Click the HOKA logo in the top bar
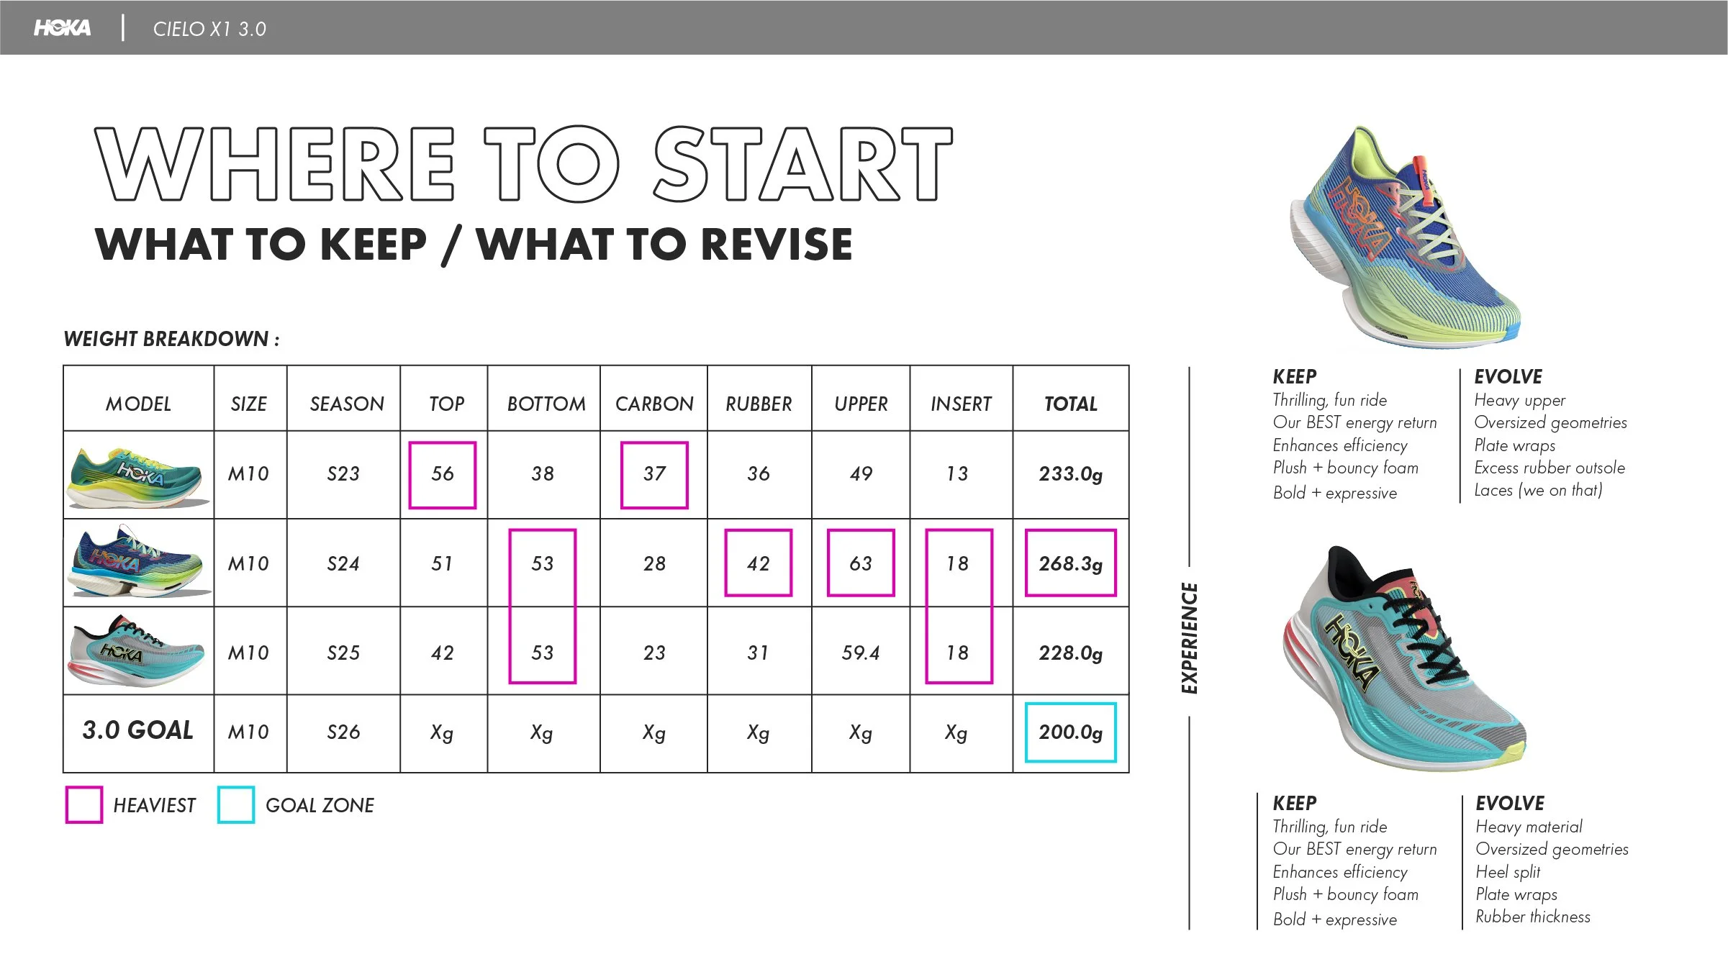tap(63, 28)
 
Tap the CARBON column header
tap(654, 404)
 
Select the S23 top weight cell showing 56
tap(443, 474)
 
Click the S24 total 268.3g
tap(1070, 563)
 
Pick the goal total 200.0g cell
tap(1070, 732)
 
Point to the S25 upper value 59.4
tap(861, 653)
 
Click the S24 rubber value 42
tap(759, 563)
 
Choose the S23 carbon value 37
tap(654, 474)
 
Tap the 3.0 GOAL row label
tap(138, 730)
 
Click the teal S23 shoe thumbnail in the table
tap(138, 476)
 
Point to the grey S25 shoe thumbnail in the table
tap(137, 652)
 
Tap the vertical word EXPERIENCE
tap(1190, 638)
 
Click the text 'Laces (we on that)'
tap(1538, 490)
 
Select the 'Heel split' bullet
tap(1508, 872)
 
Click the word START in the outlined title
tap(803, 163)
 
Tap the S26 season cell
tap(343, 732)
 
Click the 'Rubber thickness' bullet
tap(1533, 917)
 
